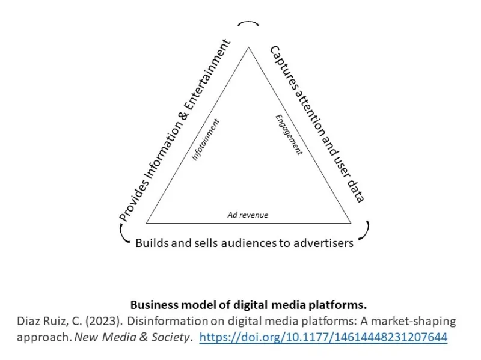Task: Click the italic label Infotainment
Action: (206, 139)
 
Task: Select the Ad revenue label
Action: (248, 215)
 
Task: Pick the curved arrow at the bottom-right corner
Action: (366, 230)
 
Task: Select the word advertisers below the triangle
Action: (323, 243)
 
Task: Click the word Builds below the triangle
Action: (150, 243)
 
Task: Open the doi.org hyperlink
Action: (323, 337)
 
